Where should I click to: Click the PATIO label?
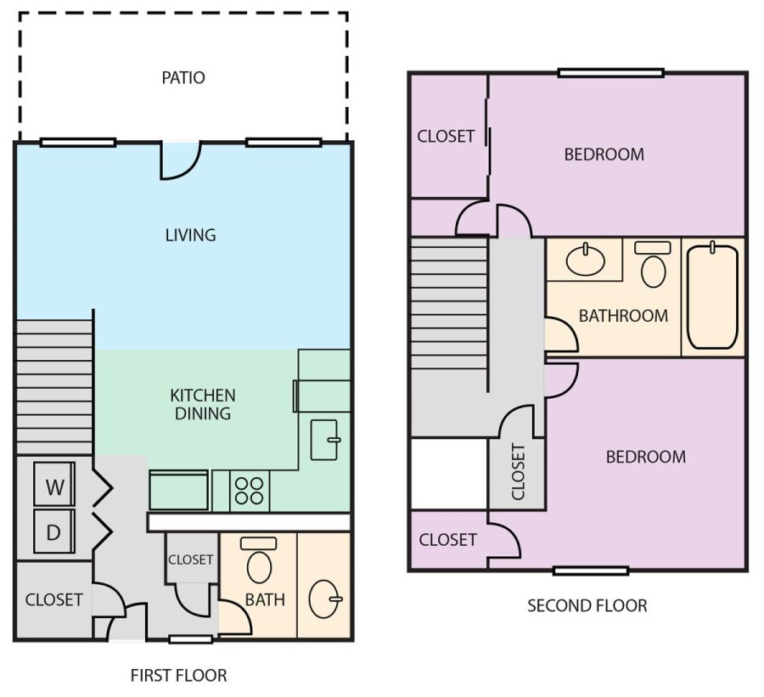point(183,77)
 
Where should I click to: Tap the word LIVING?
point(190,235)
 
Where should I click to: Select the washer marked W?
point(54,484)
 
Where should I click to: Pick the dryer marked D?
point(54,531)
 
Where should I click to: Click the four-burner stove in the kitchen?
point(249,491)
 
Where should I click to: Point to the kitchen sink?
point(325,440)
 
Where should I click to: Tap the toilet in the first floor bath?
point(259,559)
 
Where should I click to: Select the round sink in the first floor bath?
point(325,599)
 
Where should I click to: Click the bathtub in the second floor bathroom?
point(712,295)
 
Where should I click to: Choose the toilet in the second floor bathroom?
point(653,264)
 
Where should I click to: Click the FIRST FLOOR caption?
point(179,676)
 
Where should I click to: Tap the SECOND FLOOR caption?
point(587,605)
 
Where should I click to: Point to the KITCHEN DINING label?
point(203,404)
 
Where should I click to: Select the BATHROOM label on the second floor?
point(623,315)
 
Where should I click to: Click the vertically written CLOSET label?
point(518,471)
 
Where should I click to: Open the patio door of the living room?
point(181,160)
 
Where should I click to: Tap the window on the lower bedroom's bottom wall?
point(591,571)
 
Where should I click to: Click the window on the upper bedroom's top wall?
point(611,73)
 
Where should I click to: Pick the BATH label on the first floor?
point(265,599)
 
